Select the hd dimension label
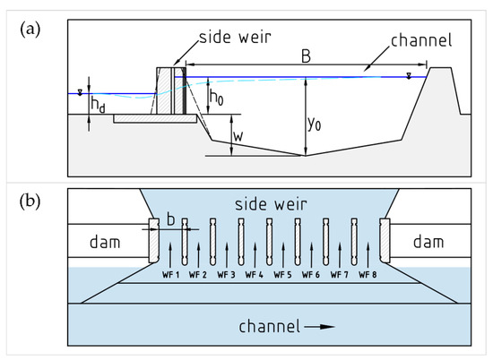coord(99,104)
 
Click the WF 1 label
coord(170,273)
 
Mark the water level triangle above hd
coord(80,90)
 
